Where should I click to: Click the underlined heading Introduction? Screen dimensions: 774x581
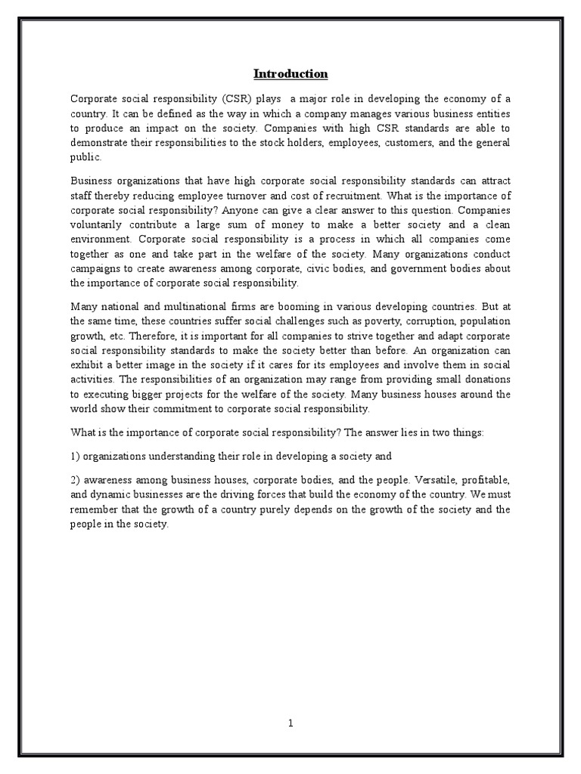pyautogui.click(x=290, y=73)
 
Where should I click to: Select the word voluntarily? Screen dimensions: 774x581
pyautogui.click(x=98, y=224)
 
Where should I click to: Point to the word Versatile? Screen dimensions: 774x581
pyautogui.click(x=416, y=481)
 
